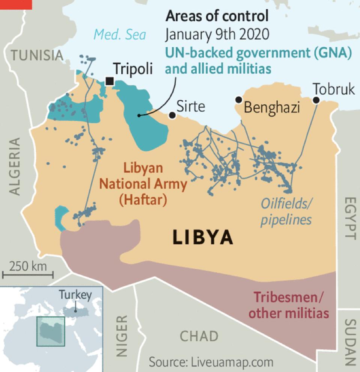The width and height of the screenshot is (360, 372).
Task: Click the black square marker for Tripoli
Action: (110, 81)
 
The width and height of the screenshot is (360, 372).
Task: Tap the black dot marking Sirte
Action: (172, 115)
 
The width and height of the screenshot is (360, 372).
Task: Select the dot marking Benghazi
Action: (238, 100)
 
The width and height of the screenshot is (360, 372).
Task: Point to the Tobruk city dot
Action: (316, 100)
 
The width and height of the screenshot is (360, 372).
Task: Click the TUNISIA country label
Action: (36, 55)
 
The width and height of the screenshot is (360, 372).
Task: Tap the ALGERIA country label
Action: (15, 166)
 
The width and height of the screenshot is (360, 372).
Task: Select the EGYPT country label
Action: (349, 218)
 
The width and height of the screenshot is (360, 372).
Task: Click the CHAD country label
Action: (199, 336)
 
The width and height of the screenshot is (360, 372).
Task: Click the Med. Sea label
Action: (120, 35)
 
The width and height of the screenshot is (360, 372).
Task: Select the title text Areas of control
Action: (217, 16)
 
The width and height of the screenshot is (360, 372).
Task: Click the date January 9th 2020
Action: (217, 34)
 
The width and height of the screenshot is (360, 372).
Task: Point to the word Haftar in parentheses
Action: (143, 200)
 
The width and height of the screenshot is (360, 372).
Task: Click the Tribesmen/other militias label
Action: (289, 305)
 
